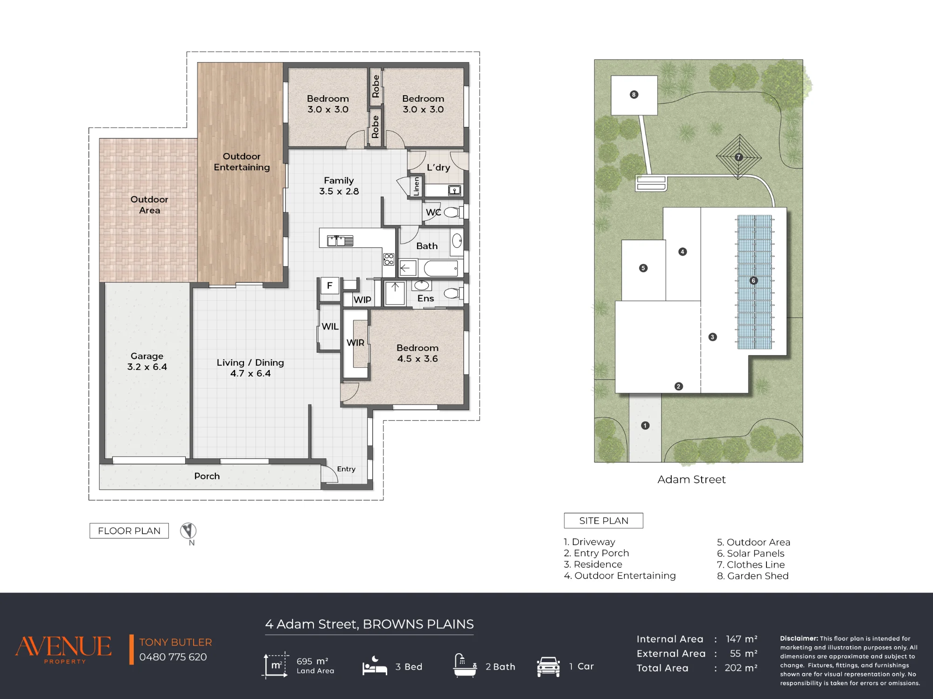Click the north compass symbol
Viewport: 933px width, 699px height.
(188, 531)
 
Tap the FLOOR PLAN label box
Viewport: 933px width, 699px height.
(129, 531)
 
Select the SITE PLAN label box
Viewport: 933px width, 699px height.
(604, 521)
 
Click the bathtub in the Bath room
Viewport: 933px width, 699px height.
(441, 268)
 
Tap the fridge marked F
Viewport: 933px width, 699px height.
(330, 286)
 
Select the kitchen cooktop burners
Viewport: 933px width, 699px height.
(389, 259)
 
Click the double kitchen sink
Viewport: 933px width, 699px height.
(340, 241)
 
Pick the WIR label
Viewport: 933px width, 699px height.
(355, 343)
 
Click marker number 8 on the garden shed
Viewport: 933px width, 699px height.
(634, 95)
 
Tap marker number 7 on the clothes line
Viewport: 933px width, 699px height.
(738, 157)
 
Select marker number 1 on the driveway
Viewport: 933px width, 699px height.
(645, 426)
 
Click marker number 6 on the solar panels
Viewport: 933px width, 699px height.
(753, 280)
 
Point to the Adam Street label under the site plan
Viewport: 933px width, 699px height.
(691, 480)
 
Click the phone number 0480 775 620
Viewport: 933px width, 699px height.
(173, 657)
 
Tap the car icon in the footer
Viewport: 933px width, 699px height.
(548, 667)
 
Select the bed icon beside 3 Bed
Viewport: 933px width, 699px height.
(375, 666)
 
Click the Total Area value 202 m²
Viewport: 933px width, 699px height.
(741, 668)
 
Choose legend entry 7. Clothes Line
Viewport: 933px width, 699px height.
(751, 565)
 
